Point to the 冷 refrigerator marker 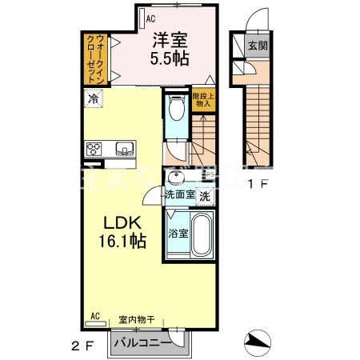(x=94, y=100)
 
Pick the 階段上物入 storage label (x=202, y=99)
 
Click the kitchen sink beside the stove (x=126, y=150)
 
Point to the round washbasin (x=176, y=178)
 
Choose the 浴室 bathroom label (x=178, y=234)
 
